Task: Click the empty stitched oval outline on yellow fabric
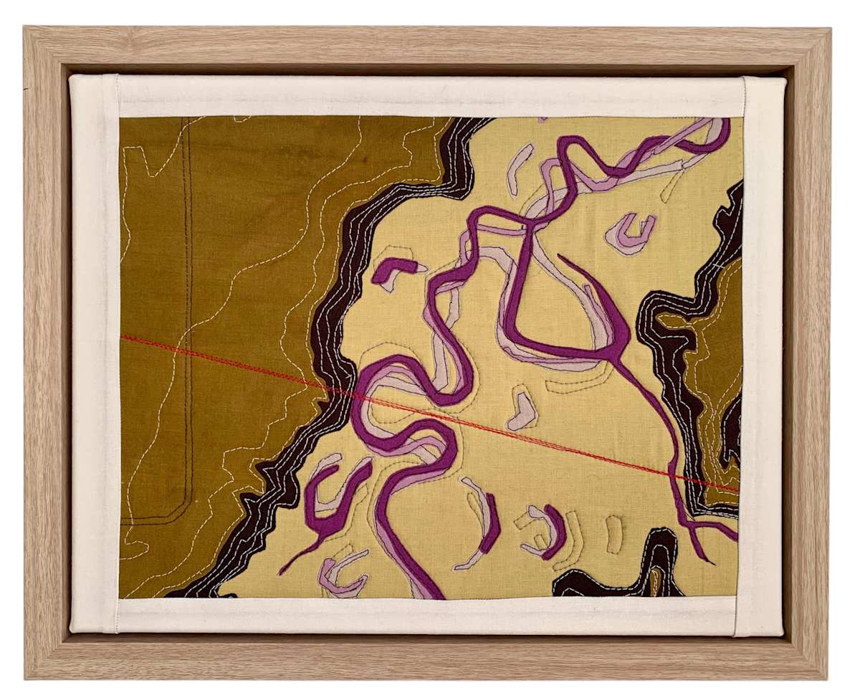click(613, 534)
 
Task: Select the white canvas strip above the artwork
click(430, 96)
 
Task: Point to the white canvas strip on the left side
click(95, 358)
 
